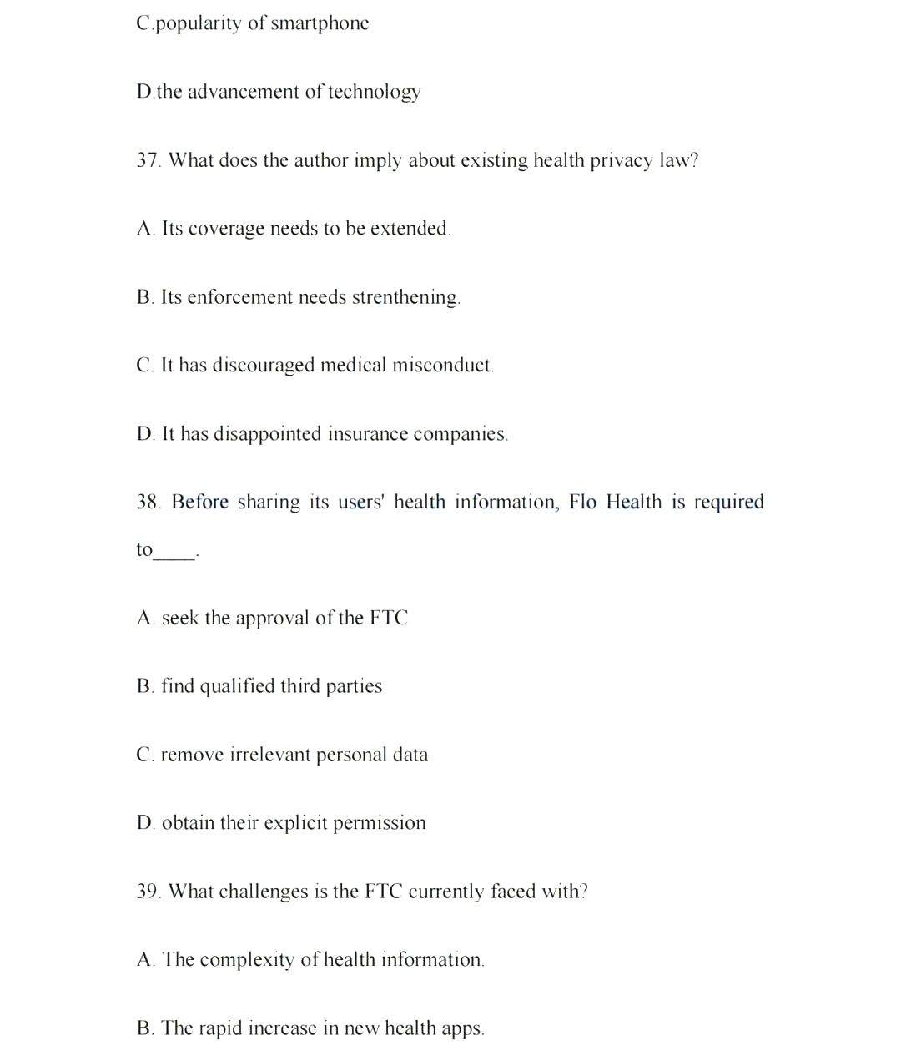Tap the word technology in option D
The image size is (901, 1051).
374,92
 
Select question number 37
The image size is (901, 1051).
148,160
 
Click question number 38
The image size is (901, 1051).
148,502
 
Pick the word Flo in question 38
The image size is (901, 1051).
582,502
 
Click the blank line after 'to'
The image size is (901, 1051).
175,556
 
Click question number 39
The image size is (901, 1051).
148,892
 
